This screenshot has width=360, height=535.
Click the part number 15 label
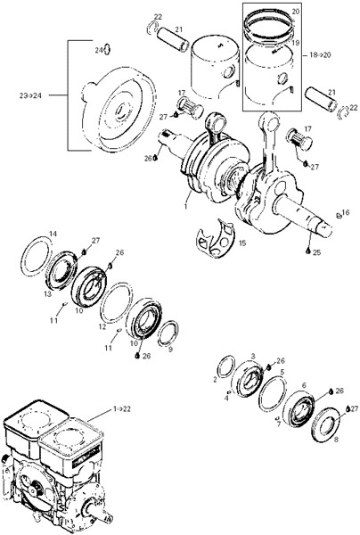coord(242,243)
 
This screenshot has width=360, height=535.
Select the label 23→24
coord(30,96)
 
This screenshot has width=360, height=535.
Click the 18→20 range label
coord(320,54)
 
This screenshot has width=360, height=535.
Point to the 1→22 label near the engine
coord(122,408)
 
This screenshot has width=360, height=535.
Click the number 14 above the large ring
coord(53,234)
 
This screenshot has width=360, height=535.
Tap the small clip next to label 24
coord(107,49)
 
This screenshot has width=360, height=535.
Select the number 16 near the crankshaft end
coord(346,212)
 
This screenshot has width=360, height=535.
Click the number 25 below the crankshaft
coord(316,253)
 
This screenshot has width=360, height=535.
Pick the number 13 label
coord(47,294)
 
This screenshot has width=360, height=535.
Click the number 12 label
coord(102,327)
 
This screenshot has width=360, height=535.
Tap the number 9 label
coord(170,349)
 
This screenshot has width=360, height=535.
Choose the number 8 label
coord(336,440)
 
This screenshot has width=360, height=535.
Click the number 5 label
coord(282,372)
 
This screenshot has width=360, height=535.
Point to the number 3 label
coord(253,356)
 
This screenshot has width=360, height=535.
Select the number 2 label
coord(215,380)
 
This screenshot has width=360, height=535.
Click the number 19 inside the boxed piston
coord(295,43)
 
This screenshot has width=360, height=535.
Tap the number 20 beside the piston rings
coord(296,12)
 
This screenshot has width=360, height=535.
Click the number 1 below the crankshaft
coord(186,207)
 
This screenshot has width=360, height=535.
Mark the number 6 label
coord(304,385)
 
